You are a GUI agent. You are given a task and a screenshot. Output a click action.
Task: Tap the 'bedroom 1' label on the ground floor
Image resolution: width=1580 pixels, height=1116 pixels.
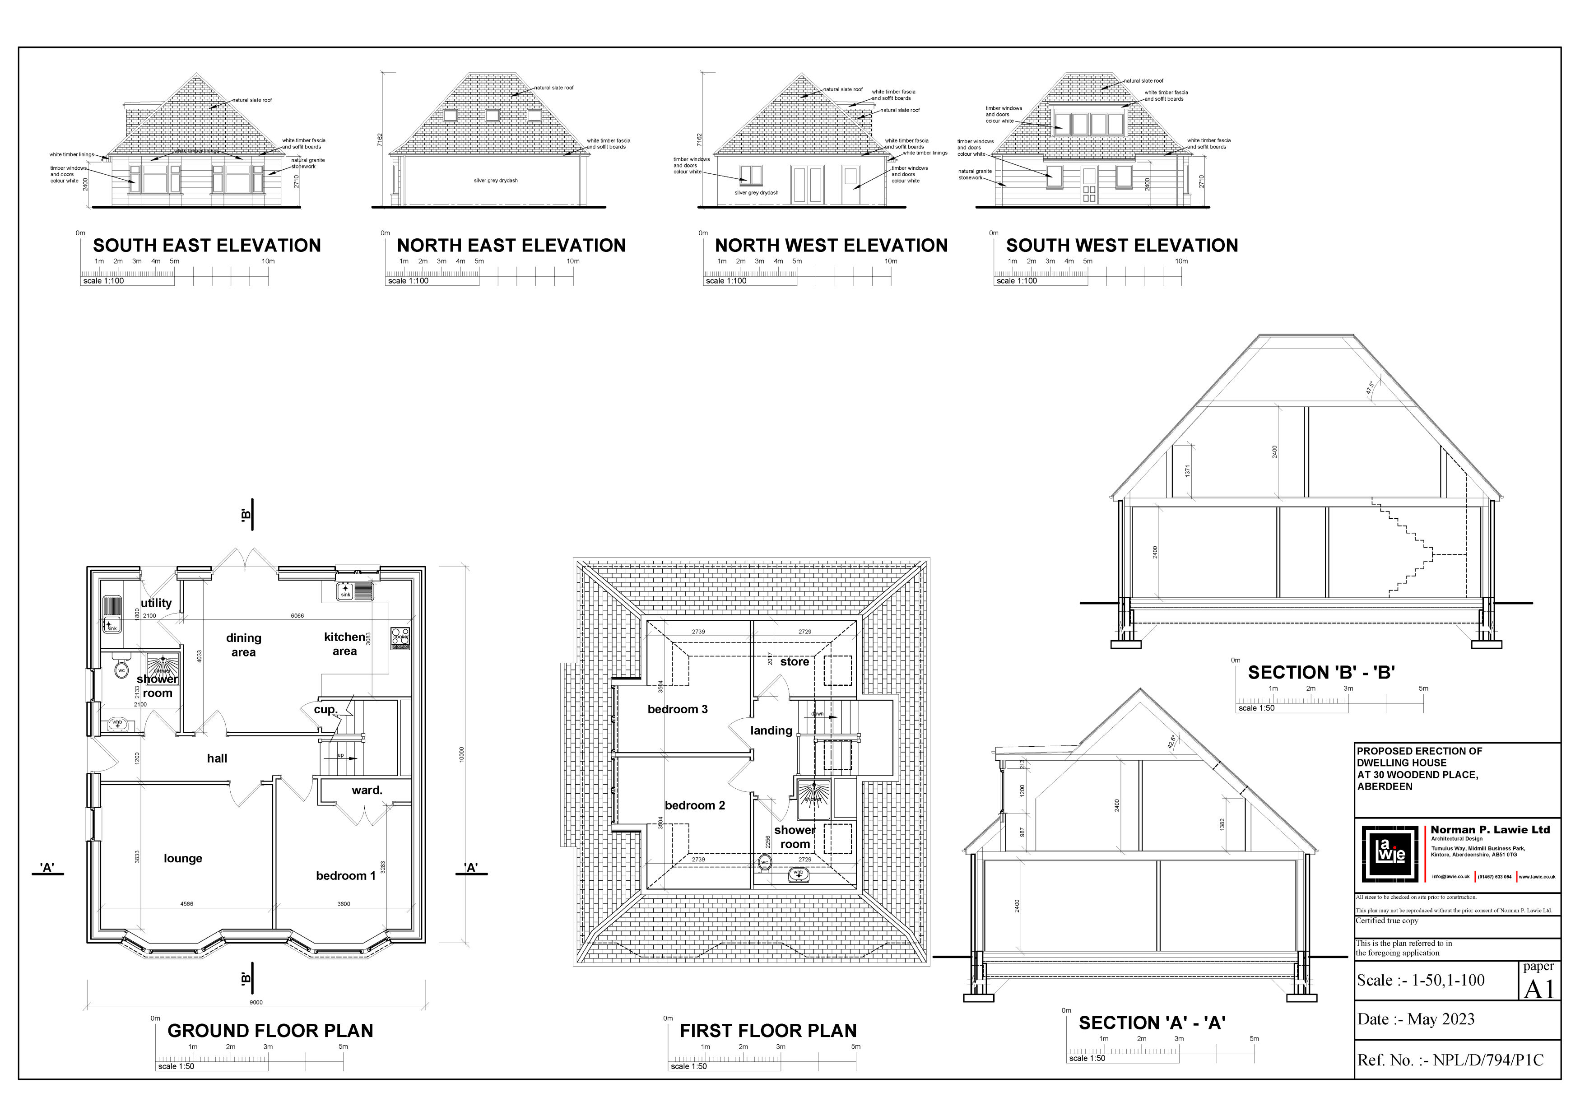click(x=345, y=875)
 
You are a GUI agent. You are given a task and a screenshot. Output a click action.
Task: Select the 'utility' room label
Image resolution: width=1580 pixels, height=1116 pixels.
click(x=156, y=603)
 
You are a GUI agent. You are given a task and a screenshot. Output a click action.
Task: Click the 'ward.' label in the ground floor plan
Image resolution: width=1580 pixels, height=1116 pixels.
click(x=367, y=790)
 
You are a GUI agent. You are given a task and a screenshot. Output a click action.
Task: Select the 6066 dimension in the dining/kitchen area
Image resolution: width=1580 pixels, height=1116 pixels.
click(x=297, y=616)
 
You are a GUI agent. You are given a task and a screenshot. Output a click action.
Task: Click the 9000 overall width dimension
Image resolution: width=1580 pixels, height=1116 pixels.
click(x=256, y=1003)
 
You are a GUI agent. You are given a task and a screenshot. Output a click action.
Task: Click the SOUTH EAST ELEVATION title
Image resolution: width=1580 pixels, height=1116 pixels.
click(x=206, y=246)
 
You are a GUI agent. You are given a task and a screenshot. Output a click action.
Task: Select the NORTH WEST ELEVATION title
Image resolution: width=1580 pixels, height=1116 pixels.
click(x=831, y=246)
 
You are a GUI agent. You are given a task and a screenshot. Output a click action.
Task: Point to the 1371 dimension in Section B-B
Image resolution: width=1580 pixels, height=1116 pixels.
click(x=1188, y=470)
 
